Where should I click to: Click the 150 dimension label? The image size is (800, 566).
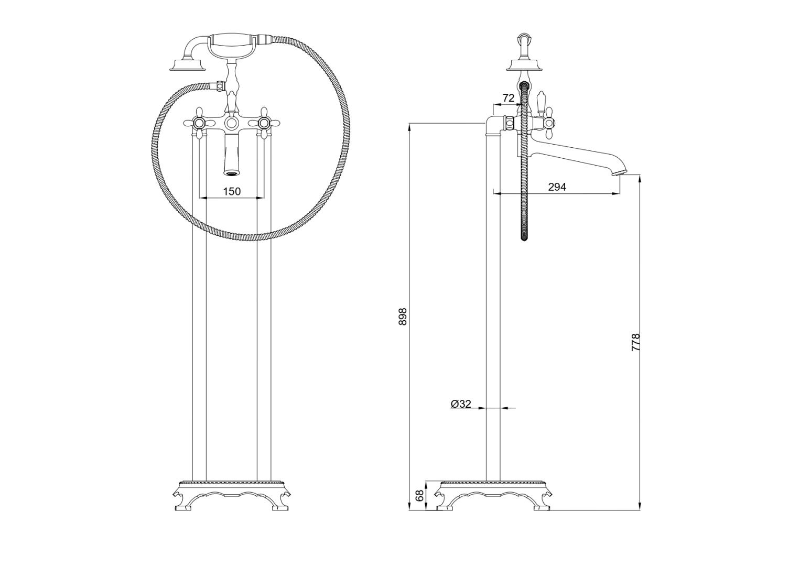[232, 191]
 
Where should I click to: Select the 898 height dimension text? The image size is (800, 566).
[403, 316]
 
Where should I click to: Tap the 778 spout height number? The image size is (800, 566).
[636, 342]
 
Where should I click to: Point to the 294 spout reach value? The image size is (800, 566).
[557, 187]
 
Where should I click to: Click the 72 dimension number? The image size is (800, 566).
[508, 97]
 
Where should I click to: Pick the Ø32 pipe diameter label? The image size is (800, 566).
[461, 404]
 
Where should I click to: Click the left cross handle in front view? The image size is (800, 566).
[199, 123]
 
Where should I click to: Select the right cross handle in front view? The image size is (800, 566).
[264, 123]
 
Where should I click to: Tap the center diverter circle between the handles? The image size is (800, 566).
[231, 124]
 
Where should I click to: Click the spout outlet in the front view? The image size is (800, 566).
[231, 173]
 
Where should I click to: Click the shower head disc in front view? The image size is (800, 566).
[186, 66]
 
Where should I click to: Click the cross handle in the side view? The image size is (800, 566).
[548, 124]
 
